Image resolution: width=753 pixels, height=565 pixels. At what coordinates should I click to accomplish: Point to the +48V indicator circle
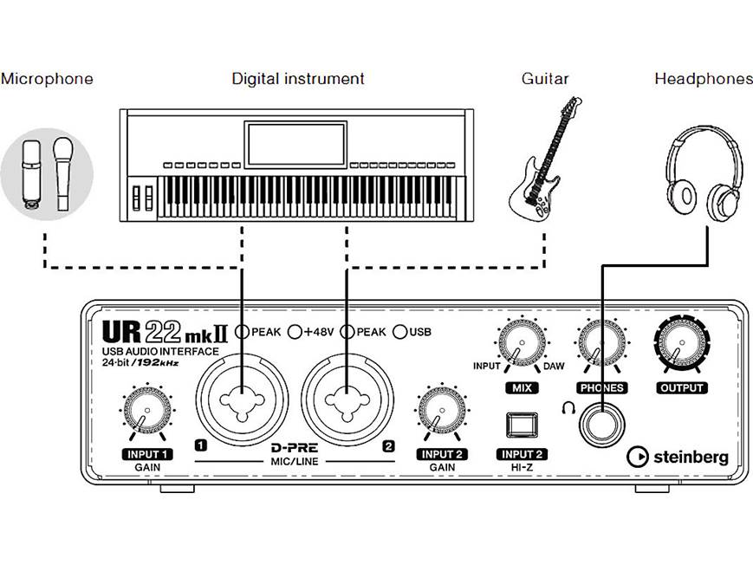(295, 331)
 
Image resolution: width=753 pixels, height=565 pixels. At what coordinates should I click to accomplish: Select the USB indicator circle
(400, 331)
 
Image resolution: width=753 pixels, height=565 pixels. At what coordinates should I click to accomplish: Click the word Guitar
(545, 79)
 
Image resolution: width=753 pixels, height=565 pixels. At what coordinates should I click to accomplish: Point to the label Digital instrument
(298, 79)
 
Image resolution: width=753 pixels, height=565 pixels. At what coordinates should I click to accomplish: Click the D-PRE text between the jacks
(294, 448)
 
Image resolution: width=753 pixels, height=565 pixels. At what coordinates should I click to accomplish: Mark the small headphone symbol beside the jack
(568, 409)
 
